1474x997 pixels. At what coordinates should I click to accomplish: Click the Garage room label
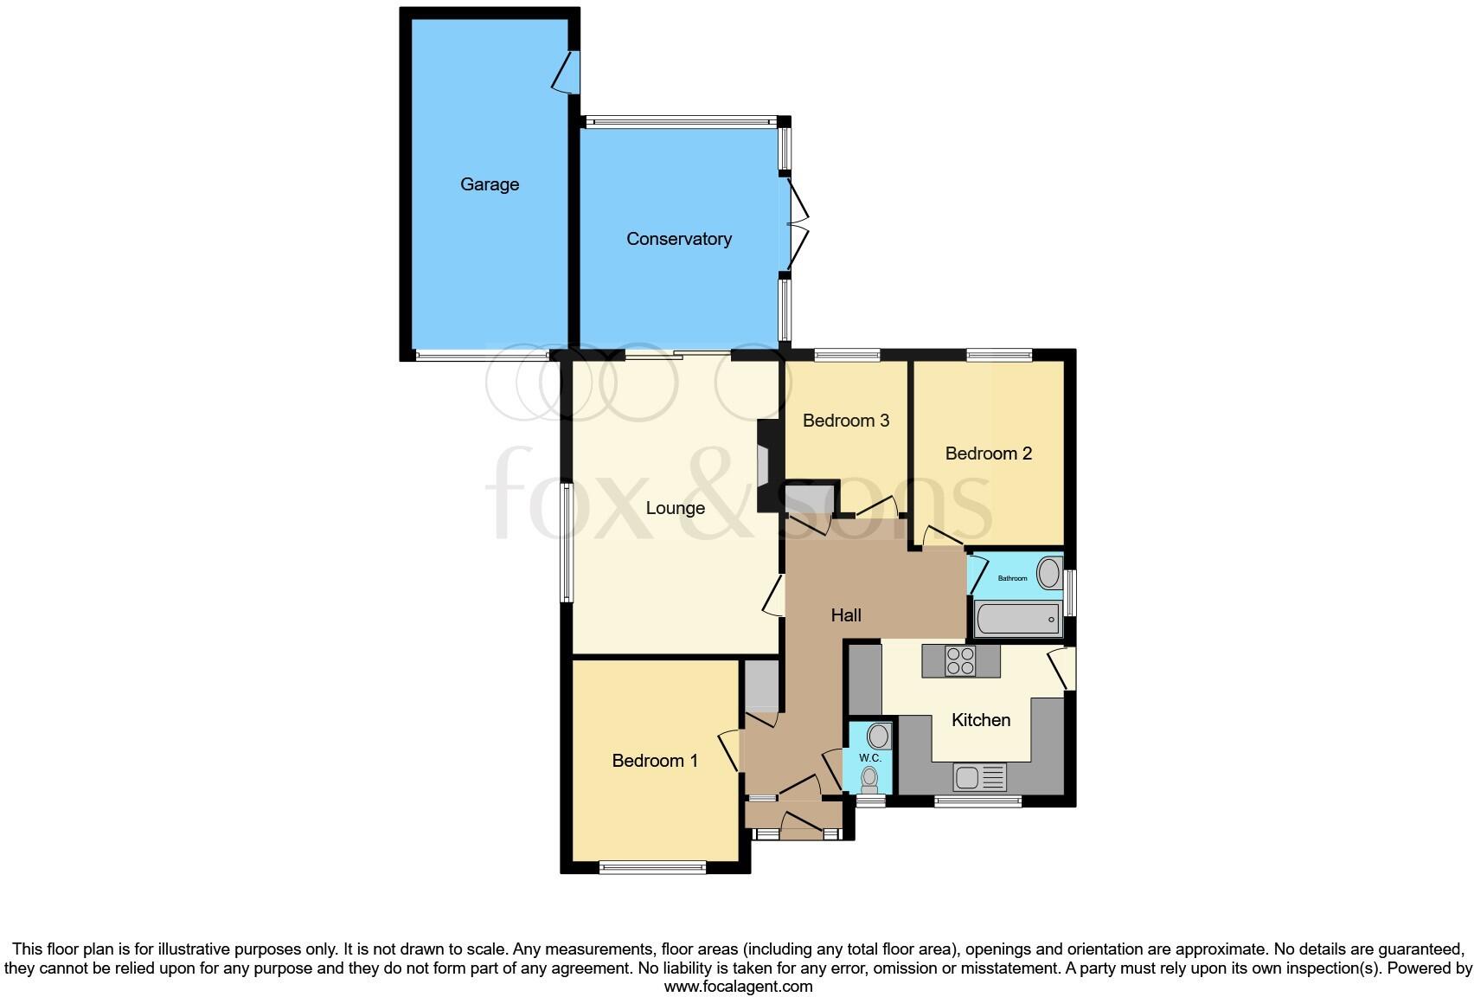pos(490,184)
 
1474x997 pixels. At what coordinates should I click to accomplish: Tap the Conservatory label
pos(679,239)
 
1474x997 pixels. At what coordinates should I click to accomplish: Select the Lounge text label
pos(675,508)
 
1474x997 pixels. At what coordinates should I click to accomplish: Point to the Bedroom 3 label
pos(845,421)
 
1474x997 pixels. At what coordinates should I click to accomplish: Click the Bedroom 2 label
pos(988,453)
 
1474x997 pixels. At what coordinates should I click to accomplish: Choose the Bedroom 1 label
pos(654,761)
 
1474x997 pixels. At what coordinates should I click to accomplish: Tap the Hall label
pos(845,615)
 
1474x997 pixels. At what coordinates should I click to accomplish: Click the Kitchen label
pos(980,720)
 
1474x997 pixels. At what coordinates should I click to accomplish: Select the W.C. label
pos(869,758)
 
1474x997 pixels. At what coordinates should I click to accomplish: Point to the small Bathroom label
pos(1012,578)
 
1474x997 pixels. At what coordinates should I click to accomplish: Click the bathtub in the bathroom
pos(1017,619)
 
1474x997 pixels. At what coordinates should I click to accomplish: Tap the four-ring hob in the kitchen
pos(960,661)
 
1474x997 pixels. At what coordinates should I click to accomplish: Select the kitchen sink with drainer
pos(979,777)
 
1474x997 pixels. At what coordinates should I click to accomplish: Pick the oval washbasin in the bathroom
pos(1049,573)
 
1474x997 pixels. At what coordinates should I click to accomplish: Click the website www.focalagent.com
pos(738,986)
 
